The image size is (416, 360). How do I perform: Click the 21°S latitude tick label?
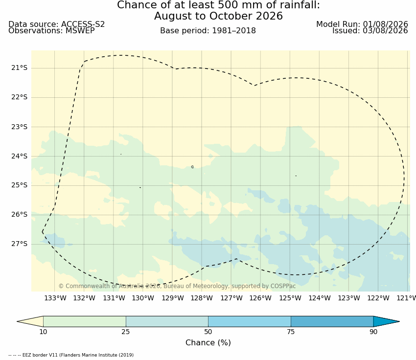[20, 68]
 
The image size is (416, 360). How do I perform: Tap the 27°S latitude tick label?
[20, 244]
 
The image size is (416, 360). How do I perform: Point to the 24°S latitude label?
[20, 157]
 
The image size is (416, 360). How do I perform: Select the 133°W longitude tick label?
[55, 298]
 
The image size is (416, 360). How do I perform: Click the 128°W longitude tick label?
[202, 298]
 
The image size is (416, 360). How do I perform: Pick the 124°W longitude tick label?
[320, 298]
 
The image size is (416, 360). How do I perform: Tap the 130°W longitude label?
[143, 298]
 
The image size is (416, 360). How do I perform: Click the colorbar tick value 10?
[43, 332]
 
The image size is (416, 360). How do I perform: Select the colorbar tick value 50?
[208, 332]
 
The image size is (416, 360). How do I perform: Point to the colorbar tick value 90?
[373, 332]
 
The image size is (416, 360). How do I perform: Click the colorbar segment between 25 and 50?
[167, 321]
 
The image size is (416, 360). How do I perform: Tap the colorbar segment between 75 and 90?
[332, 321]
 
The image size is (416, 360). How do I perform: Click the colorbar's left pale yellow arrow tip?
[17, 321]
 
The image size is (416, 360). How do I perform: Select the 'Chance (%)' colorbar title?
[208, 343]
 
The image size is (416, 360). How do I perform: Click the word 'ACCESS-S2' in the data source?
[83, 24]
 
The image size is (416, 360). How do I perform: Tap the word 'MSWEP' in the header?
[80, 31]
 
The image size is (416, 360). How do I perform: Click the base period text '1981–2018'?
[234, 31]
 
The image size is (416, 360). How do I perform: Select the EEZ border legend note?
[71, 355]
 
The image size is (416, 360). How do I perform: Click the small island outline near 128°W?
[192, 167]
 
